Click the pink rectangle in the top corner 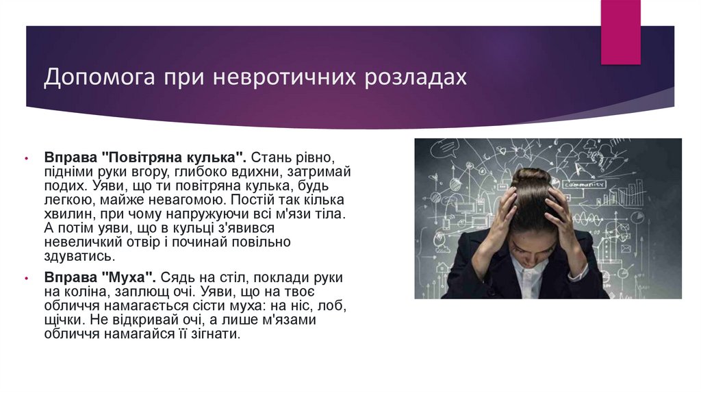(620, 31)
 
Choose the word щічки (63, 320)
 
